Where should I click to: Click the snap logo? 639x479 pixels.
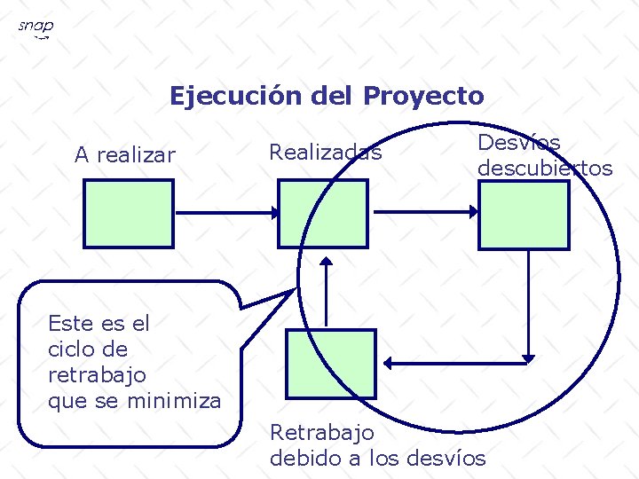pyautogui.click(x=35, y=29)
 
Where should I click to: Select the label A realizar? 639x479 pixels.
pyautogui.click(x=125, y=155)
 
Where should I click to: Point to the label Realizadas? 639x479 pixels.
pyautogui.click(x=325, y=153)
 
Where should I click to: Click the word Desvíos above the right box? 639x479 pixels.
pyautogui.click(x=519, y=142)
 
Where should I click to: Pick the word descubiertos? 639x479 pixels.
pyautogui.click(x=545, y=168)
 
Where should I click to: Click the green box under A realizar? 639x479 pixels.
pyautogui.click(x=129, y=215)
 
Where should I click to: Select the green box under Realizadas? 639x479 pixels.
pyautogui.click(x=322, y=214)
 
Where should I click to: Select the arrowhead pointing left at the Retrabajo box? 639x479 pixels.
pyautogui.click(x=391, y=362)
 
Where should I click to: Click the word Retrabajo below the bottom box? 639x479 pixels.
pyautogui.click(x=321, y=433)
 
